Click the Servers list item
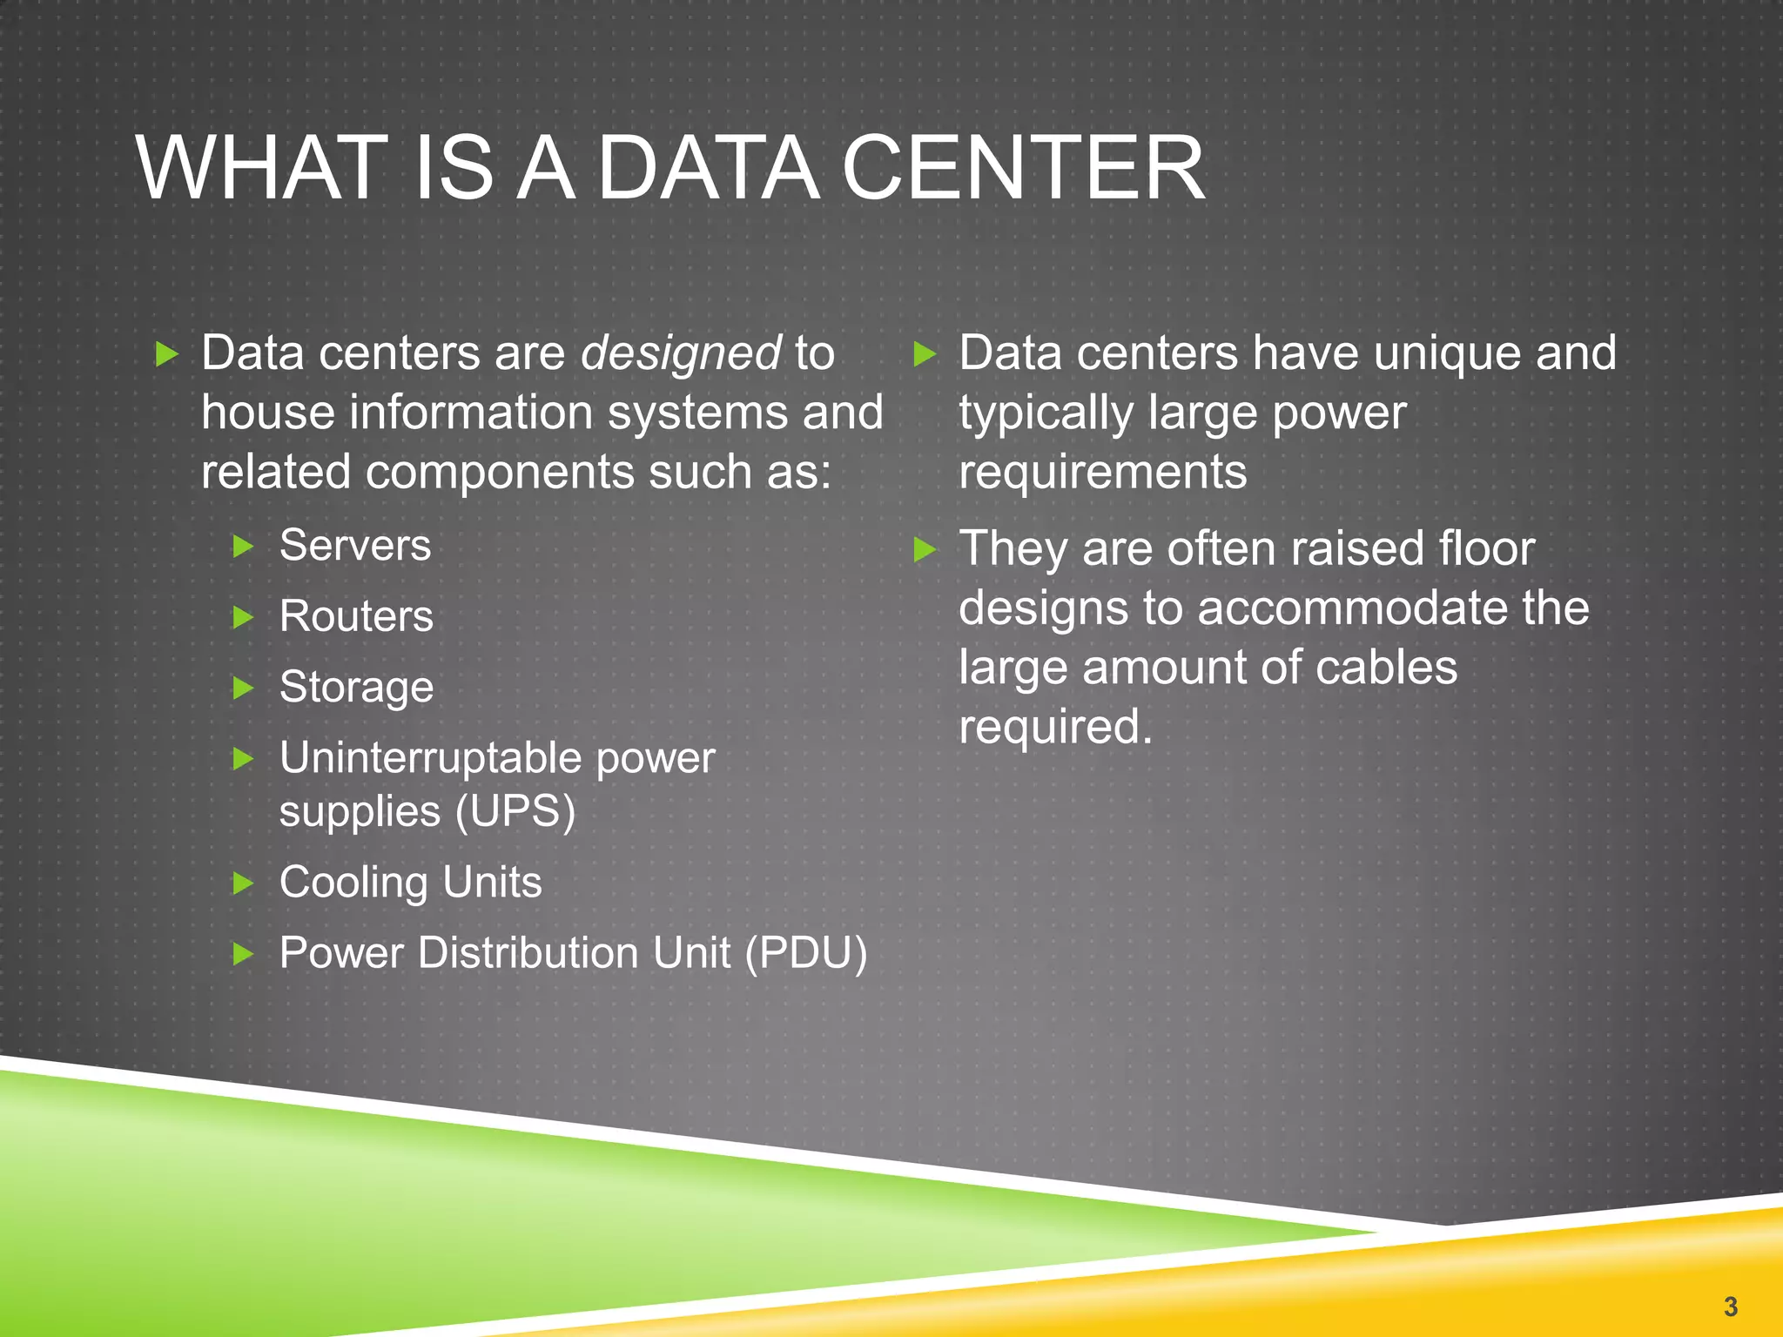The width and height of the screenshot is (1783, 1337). [355, 546]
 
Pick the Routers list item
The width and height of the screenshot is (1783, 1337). [356, 616]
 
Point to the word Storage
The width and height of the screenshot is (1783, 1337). [356, 688]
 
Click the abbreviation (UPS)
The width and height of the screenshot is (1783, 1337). [515, 812]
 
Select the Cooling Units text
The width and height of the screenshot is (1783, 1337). [410, 883]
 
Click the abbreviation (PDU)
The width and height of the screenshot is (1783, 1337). [806, 953]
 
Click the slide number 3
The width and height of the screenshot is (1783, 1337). [1730, 1307]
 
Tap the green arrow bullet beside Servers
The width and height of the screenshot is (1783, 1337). [244, 548]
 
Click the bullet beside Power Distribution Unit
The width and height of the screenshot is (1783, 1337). [244, 955]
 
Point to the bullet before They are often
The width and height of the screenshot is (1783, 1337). [925, 550]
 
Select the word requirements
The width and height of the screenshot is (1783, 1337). [1102, 473]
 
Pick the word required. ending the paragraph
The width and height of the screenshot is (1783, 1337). [1055, 727]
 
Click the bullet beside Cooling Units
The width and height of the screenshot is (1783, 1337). [244, 884]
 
